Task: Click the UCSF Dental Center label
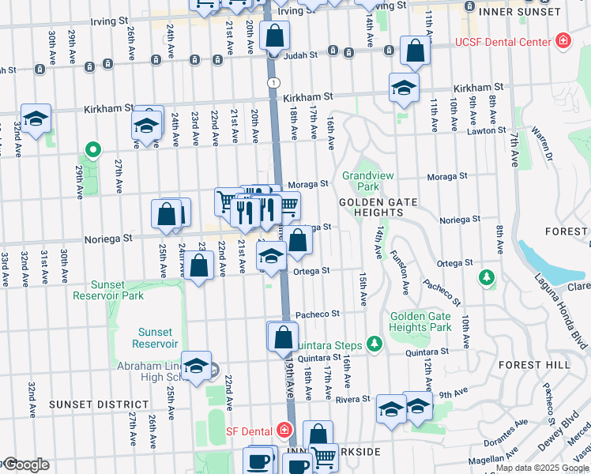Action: point(501,40)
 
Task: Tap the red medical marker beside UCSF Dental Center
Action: point(563,40)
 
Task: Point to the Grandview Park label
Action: point(360,182)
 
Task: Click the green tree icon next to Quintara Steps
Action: point(375,344)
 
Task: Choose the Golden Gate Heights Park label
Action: point(420,322)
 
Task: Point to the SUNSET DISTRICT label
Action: point(88,404)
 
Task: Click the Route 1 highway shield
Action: point(273,83)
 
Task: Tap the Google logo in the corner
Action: point(25,465)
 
